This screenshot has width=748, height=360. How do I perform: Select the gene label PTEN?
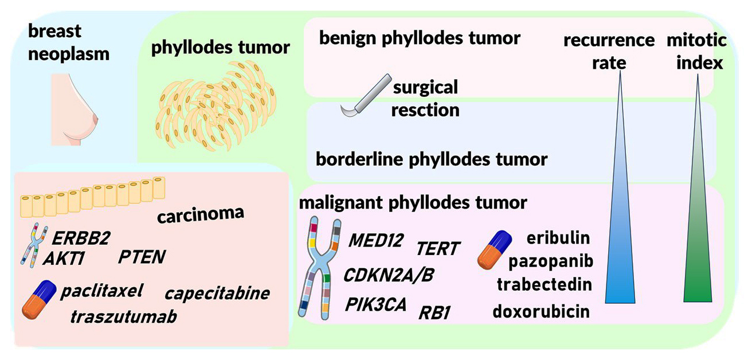click(x=142, y=257)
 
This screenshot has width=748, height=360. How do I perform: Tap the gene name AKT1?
click(x=63, y=259)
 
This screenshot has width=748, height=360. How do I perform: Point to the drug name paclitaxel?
click(x=100, y=291)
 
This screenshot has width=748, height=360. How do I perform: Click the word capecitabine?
click(x=217, y=294)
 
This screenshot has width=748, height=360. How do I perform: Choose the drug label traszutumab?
click(x=123, y=316)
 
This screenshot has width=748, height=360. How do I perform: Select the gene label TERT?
click(x=438, y=249)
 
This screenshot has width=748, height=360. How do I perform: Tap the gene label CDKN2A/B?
click(x=389, y=275)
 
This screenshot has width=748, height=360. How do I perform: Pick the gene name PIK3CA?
click(x=375, y=304)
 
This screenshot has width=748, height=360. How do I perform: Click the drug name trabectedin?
click(x=544, y=285)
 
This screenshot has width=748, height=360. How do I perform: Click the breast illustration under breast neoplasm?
click(x=74, y=109)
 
